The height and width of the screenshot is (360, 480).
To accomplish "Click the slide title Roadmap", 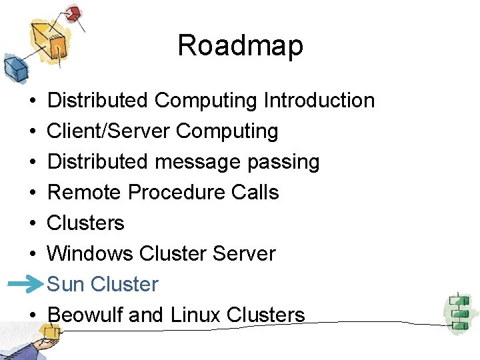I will click(240, 45).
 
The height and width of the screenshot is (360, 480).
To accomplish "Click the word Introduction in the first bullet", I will click(319, 101).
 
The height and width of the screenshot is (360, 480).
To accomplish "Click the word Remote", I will click(85, 193).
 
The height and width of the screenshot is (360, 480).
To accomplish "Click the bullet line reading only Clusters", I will click(86, 223).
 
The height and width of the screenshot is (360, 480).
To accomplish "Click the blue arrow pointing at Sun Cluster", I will click(25, 284).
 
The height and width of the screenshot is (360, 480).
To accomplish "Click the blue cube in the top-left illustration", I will click(13, 67).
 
